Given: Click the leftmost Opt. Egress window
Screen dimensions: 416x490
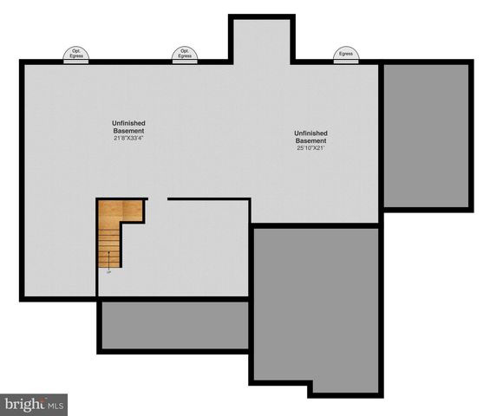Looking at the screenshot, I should pos(75,55).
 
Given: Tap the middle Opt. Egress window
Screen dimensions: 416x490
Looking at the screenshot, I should pos(184,55).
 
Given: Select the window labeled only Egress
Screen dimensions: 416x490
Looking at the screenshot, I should pos(345,55).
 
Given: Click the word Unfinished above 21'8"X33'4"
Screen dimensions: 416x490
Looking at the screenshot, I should pos(128,123).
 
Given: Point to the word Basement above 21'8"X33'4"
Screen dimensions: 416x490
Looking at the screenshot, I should pos(128,131).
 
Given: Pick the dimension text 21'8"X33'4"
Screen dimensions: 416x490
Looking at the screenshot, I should pos(128,139).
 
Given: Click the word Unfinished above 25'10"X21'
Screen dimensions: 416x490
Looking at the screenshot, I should pos(310,133).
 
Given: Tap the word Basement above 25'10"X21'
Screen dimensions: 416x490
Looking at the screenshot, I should pos(310,140).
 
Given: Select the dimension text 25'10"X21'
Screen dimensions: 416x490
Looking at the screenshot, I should pos(310,148).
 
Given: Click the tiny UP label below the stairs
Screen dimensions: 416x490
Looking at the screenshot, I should pos(108,272).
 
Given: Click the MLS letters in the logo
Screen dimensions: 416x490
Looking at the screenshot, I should pos(55,404).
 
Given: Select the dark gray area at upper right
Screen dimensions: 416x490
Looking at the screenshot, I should pos(428,134).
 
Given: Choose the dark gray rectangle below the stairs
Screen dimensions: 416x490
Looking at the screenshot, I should pos(174,326).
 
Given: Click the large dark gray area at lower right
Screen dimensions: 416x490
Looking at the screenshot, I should pos(316,303).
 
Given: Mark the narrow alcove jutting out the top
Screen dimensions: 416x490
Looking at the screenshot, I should pos(261,40).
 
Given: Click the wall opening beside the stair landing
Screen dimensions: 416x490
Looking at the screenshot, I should pos(157,199).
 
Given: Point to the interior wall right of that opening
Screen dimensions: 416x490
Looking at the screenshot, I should pos(208,199).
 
